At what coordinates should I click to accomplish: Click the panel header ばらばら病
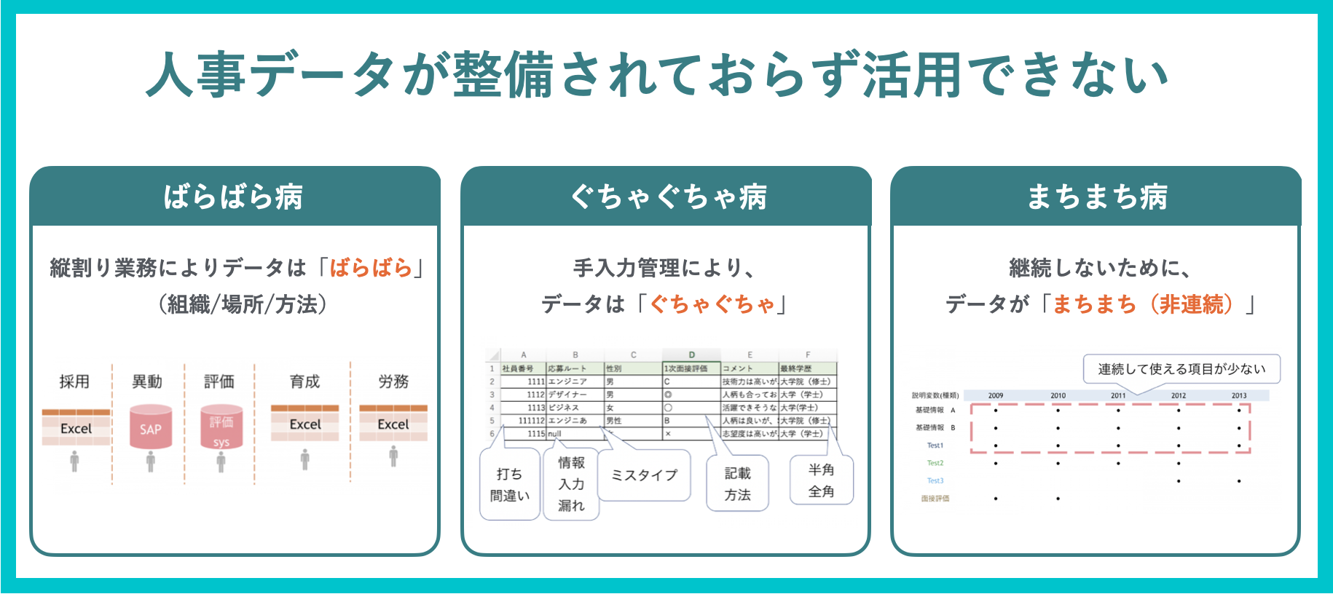(234, 197)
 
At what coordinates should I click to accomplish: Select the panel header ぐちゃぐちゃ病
(666, 197)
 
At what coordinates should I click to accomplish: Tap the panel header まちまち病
(1096, 197)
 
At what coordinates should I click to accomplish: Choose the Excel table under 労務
(393, 423)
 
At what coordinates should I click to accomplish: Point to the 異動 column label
(147, 381)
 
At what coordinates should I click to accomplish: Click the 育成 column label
(304, 381)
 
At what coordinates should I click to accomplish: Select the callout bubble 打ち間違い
(509, 485)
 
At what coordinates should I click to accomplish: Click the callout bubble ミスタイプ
(644, 475)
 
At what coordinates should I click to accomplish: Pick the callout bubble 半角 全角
(821, 480)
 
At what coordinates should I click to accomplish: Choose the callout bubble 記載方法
(737, 484)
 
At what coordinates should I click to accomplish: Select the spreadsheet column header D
(691, 355)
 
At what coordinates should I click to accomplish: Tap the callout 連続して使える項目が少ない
(1181, 369)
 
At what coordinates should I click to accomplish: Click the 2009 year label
(996, 395)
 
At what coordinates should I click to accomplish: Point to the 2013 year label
(1238, 395)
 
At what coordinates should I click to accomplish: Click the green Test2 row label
(935, 463)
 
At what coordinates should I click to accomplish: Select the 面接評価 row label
(935, 499)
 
